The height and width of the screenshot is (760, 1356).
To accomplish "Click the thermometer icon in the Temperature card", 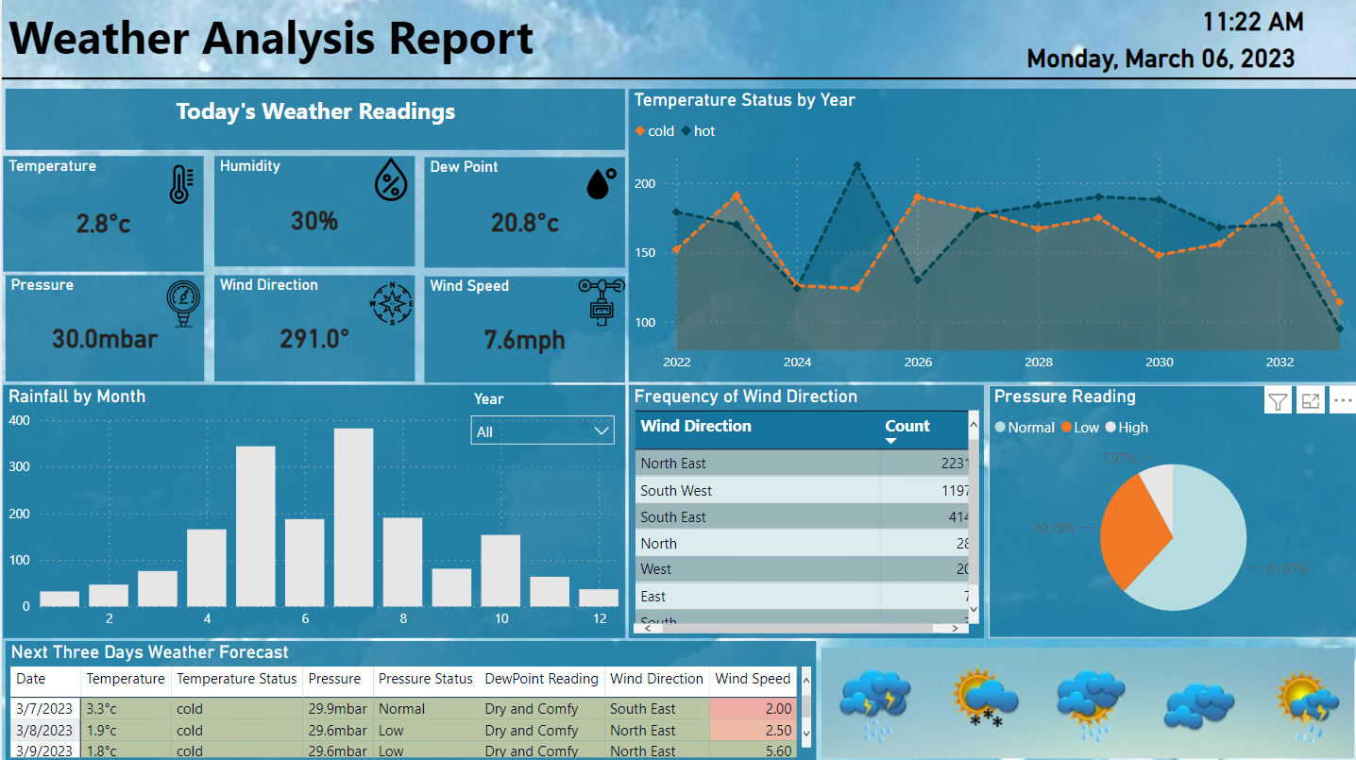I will tap(180, 185).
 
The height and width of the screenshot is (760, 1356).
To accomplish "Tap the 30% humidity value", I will tap(314, 221).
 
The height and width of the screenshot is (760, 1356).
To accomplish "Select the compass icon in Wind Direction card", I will tap(391, 303).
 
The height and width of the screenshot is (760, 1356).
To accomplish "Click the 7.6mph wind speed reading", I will tap(524, 340).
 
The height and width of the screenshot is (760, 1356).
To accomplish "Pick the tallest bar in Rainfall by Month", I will tap(353, 516).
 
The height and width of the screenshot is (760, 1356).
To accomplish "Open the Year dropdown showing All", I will tap(542, 431).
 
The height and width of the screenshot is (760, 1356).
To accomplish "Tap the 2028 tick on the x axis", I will tap(1039, 363).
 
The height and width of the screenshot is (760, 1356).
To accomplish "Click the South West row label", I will tap(676, 491).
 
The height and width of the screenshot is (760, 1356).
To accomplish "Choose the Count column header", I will tap(907, 427).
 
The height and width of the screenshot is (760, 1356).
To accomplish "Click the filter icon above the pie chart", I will tap(1278, 402).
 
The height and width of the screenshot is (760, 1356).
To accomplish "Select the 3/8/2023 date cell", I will tap(44, 731).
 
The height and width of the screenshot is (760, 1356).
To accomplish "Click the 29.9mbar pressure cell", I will tap(338, 709).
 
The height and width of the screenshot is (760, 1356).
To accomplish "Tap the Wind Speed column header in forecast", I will tap(752, 679).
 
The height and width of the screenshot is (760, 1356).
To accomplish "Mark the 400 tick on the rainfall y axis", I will tap(19, 421).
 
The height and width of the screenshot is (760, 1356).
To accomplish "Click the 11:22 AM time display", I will tap(1252, 22).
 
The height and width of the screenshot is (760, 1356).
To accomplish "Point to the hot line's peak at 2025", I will tap(856, 165).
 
